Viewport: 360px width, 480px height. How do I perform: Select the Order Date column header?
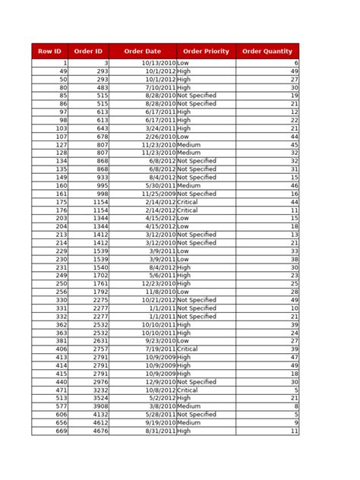pos(142,51)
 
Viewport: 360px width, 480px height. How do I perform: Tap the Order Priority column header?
pos(206,51)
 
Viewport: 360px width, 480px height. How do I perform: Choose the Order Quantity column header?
pos(267,51)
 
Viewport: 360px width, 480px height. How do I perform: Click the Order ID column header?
pos(89,51)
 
